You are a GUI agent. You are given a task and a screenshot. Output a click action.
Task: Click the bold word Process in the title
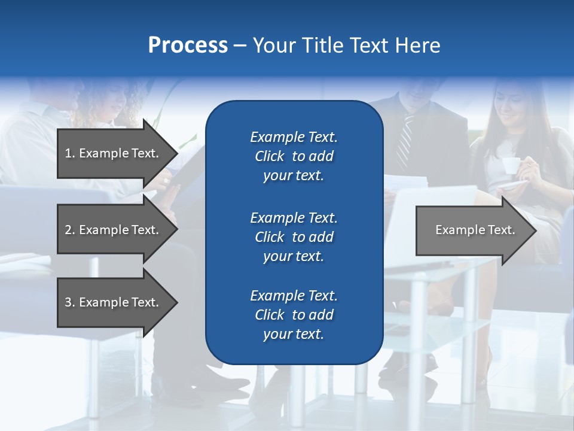pos(188,45)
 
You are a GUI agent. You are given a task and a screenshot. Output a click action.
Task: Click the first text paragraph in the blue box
pos(294,156)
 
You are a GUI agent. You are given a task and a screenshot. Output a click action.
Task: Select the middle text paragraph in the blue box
pos(294,237)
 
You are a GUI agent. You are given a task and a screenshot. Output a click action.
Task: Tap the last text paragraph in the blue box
pos(294,315)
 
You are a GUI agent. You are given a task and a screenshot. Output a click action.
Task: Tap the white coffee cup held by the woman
pos(509,165)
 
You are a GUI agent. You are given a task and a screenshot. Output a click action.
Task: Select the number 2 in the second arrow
pos(68,230)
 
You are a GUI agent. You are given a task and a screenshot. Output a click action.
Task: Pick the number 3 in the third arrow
pos(68,302)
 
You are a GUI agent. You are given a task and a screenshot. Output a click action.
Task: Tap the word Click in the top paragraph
pos(269,156)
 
